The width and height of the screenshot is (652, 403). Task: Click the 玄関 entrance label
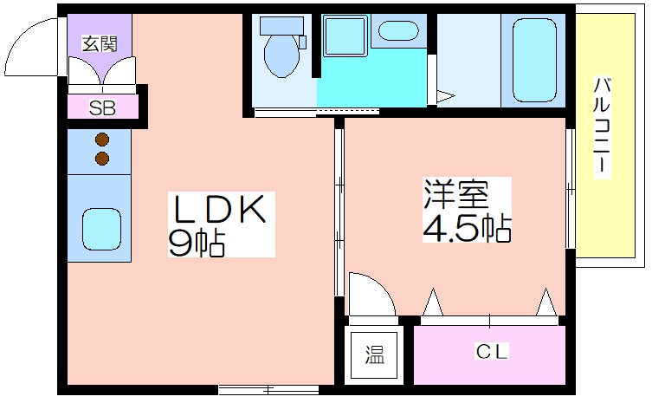tap(100, 43)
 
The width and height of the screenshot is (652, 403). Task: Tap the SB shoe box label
tap(102, 108)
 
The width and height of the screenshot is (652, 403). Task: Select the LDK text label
tap(221, 209)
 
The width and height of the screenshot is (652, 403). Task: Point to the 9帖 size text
tap(197, 243)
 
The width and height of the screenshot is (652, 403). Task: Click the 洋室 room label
tap(455, 193)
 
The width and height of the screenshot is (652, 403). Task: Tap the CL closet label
tap(492, 352)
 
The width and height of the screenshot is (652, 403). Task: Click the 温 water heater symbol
tap(375, 354)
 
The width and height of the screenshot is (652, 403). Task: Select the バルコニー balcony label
tap(602, 126)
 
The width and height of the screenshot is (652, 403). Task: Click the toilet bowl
tap(282, 55)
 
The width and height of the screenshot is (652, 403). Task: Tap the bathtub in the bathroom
tap(534, 60)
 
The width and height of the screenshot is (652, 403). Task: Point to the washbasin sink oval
tap(398, 30)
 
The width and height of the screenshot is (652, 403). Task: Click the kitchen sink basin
tap(102, 229)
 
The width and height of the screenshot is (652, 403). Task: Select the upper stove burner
tap(102, 140)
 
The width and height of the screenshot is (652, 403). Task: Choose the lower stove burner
tap(102, 159)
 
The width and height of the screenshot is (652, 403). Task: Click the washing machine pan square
tap(345, 36)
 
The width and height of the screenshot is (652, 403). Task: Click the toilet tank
tap(281, 26)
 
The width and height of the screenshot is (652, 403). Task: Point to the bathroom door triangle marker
tap(445, 96)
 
